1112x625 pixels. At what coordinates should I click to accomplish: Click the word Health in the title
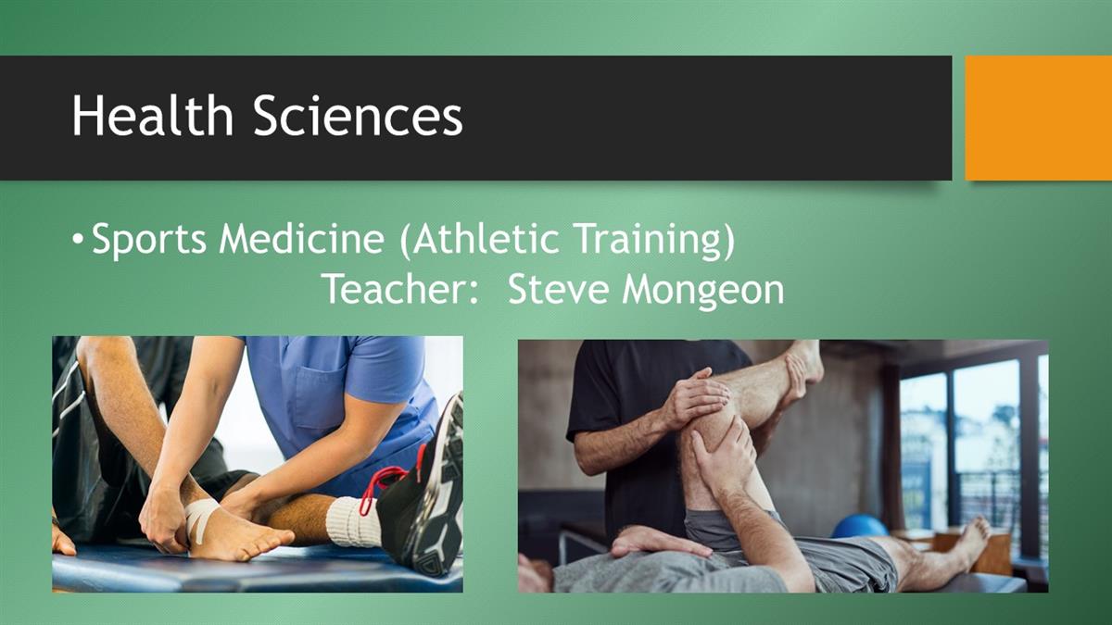point(152,115)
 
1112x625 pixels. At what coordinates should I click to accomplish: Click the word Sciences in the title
point(358,115)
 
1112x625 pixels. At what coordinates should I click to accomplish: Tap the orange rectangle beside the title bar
point(1038,119)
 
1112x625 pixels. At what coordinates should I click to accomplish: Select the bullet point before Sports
point(78,239)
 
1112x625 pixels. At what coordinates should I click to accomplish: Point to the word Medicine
point(302,238)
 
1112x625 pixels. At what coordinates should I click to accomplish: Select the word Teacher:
point(400,289)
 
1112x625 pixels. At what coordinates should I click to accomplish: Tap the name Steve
point(559,289)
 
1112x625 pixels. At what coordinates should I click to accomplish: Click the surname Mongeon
point(703,290)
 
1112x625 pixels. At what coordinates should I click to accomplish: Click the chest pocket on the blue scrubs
point(319,397)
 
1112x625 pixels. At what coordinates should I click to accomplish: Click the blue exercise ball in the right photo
point(860,526)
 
